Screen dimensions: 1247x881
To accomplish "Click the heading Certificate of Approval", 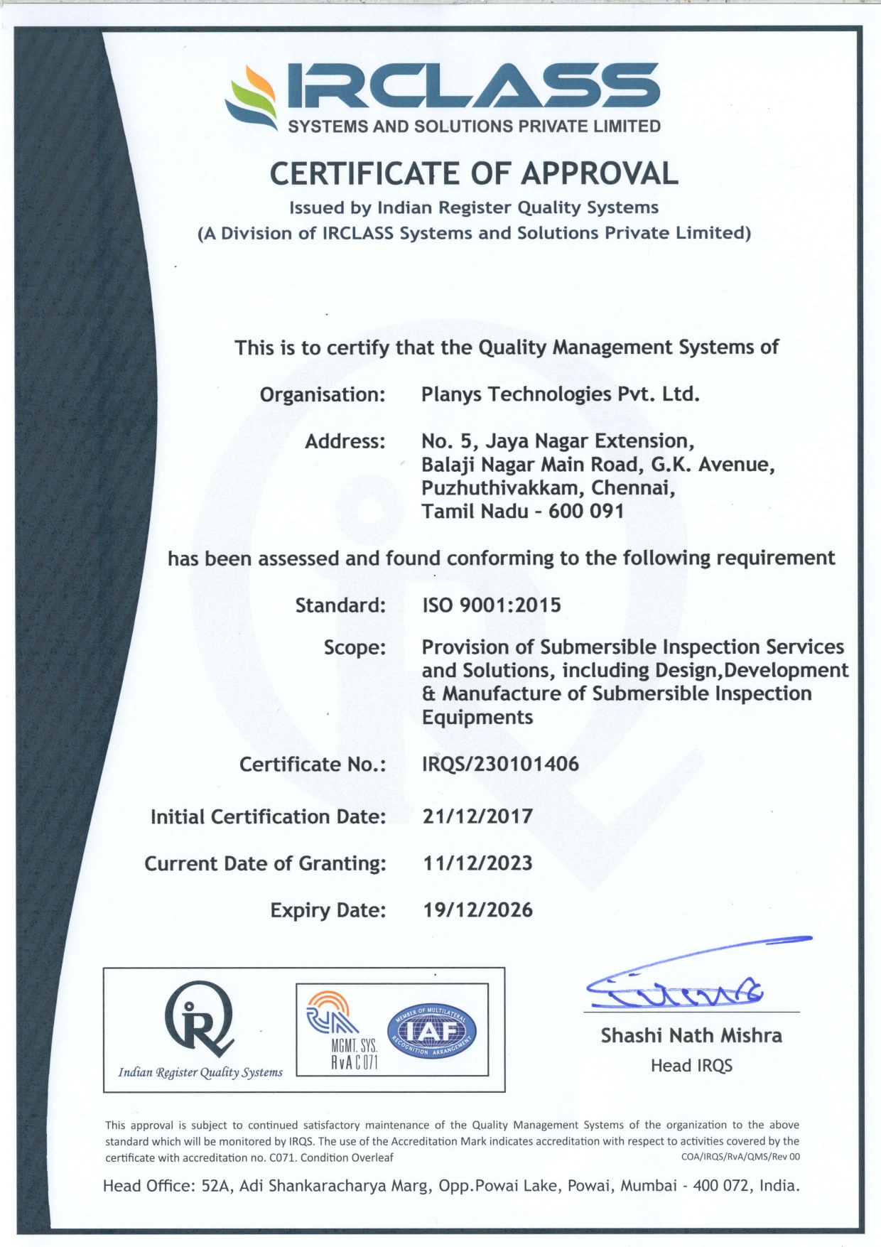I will (474, 174).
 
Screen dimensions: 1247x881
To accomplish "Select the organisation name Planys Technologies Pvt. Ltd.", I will (560, 394).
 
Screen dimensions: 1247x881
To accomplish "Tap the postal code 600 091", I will (586, 511).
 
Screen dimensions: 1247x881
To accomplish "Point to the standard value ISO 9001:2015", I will (492, 605).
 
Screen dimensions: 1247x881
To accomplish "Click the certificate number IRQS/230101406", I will (500, 764).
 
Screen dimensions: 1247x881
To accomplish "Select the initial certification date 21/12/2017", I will (477, 816).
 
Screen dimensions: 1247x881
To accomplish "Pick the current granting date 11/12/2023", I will (477, 863).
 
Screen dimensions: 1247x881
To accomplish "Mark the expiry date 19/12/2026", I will (477, 910).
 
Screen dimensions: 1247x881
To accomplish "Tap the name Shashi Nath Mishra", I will (691, 1036).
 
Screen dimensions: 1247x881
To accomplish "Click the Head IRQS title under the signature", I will (691, 1066).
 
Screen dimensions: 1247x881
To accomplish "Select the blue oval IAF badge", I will (432, 1030).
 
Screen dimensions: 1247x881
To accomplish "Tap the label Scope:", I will (355, 647).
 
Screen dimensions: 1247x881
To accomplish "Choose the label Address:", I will (345, 441).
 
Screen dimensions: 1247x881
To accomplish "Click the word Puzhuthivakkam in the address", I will (502, 488).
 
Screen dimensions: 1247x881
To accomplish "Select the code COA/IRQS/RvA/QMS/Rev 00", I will (740, 1157).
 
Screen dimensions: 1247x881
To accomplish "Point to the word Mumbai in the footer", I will (648, 1185).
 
